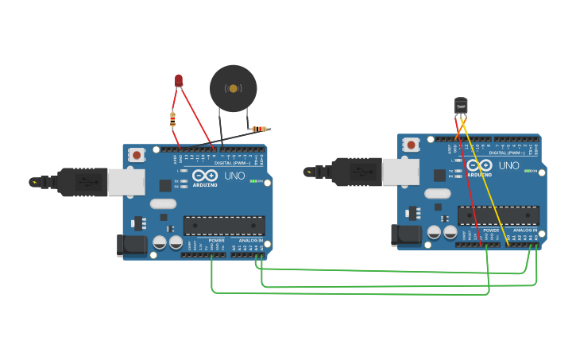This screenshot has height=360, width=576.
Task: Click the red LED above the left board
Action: (x=179, y=79)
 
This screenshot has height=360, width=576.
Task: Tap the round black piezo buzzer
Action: (x=233, y=88)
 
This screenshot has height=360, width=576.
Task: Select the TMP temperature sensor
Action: (x=461, y=105)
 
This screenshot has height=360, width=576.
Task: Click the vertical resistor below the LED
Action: (x=172, y=119)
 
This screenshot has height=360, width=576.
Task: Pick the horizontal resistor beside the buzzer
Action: (x=258, y=129)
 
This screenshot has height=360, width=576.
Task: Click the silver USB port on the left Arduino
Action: (x=126, y=181)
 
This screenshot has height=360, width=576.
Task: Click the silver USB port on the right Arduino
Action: (x=400, y=172)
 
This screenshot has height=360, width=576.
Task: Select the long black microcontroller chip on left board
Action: (x=224, y=226)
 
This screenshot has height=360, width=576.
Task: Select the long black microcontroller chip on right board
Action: (x=498, y=215)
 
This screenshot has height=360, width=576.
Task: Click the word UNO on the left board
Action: (x=234, y=176)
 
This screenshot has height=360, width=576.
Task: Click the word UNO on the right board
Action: (x=509, y=165)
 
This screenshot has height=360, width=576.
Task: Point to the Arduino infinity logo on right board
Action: (x=479, y=165)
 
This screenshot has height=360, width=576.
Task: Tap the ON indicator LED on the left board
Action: (x=253, y=181)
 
